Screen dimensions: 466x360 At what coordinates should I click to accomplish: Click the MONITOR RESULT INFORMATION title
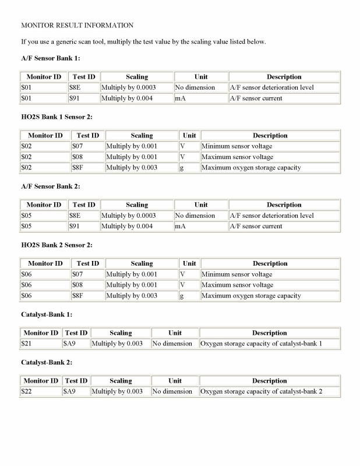77,26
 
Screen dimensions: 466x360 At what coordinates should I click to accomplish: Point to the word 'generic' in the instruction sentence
65,42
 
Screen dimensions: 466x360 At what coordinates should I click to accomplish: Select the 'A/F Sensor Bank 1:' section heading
50,58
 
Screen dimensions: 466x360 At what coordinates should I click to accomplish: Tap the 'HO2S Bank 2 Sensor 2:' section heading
57,245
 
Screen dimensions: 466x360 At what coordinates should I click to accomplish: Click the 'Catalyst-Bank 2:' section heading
47,362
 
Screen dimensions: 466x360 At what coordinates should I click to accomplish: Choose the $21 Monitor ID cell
27,344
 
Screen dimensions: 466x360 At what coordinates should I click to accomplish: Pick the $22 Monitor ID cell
27,391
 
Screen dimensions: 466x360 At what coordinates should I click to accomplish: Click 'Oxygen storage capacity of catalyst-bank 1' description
261,344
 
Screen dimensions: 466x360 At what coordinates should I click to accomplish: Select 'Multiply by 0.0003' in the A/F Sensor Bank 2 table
128,216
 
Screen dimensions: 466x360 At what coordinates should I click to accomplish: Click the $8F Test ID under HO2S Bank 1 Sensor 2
79,168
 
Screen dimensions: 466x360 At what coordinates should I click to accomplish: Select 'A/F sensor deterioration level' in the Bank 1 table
272,87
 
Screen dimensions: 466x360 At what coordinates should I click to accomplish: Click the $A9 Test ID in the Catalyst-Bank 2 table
69,391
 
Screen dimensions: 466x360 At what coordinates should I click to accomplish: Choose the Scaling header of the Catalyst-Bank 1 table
121,333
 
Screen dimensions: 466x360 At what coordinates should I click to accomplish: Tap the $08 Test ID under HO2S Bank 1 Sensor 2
77,157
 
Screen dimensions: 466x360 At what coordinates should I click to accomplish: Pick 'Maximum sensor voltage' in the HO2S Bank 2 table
237,285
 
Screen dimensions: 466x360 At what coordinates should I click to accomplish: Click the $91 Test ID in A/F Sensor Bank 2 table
75,227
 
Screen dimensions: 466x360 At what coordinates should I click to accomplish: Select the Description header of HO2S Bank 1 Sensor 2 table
270,136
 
